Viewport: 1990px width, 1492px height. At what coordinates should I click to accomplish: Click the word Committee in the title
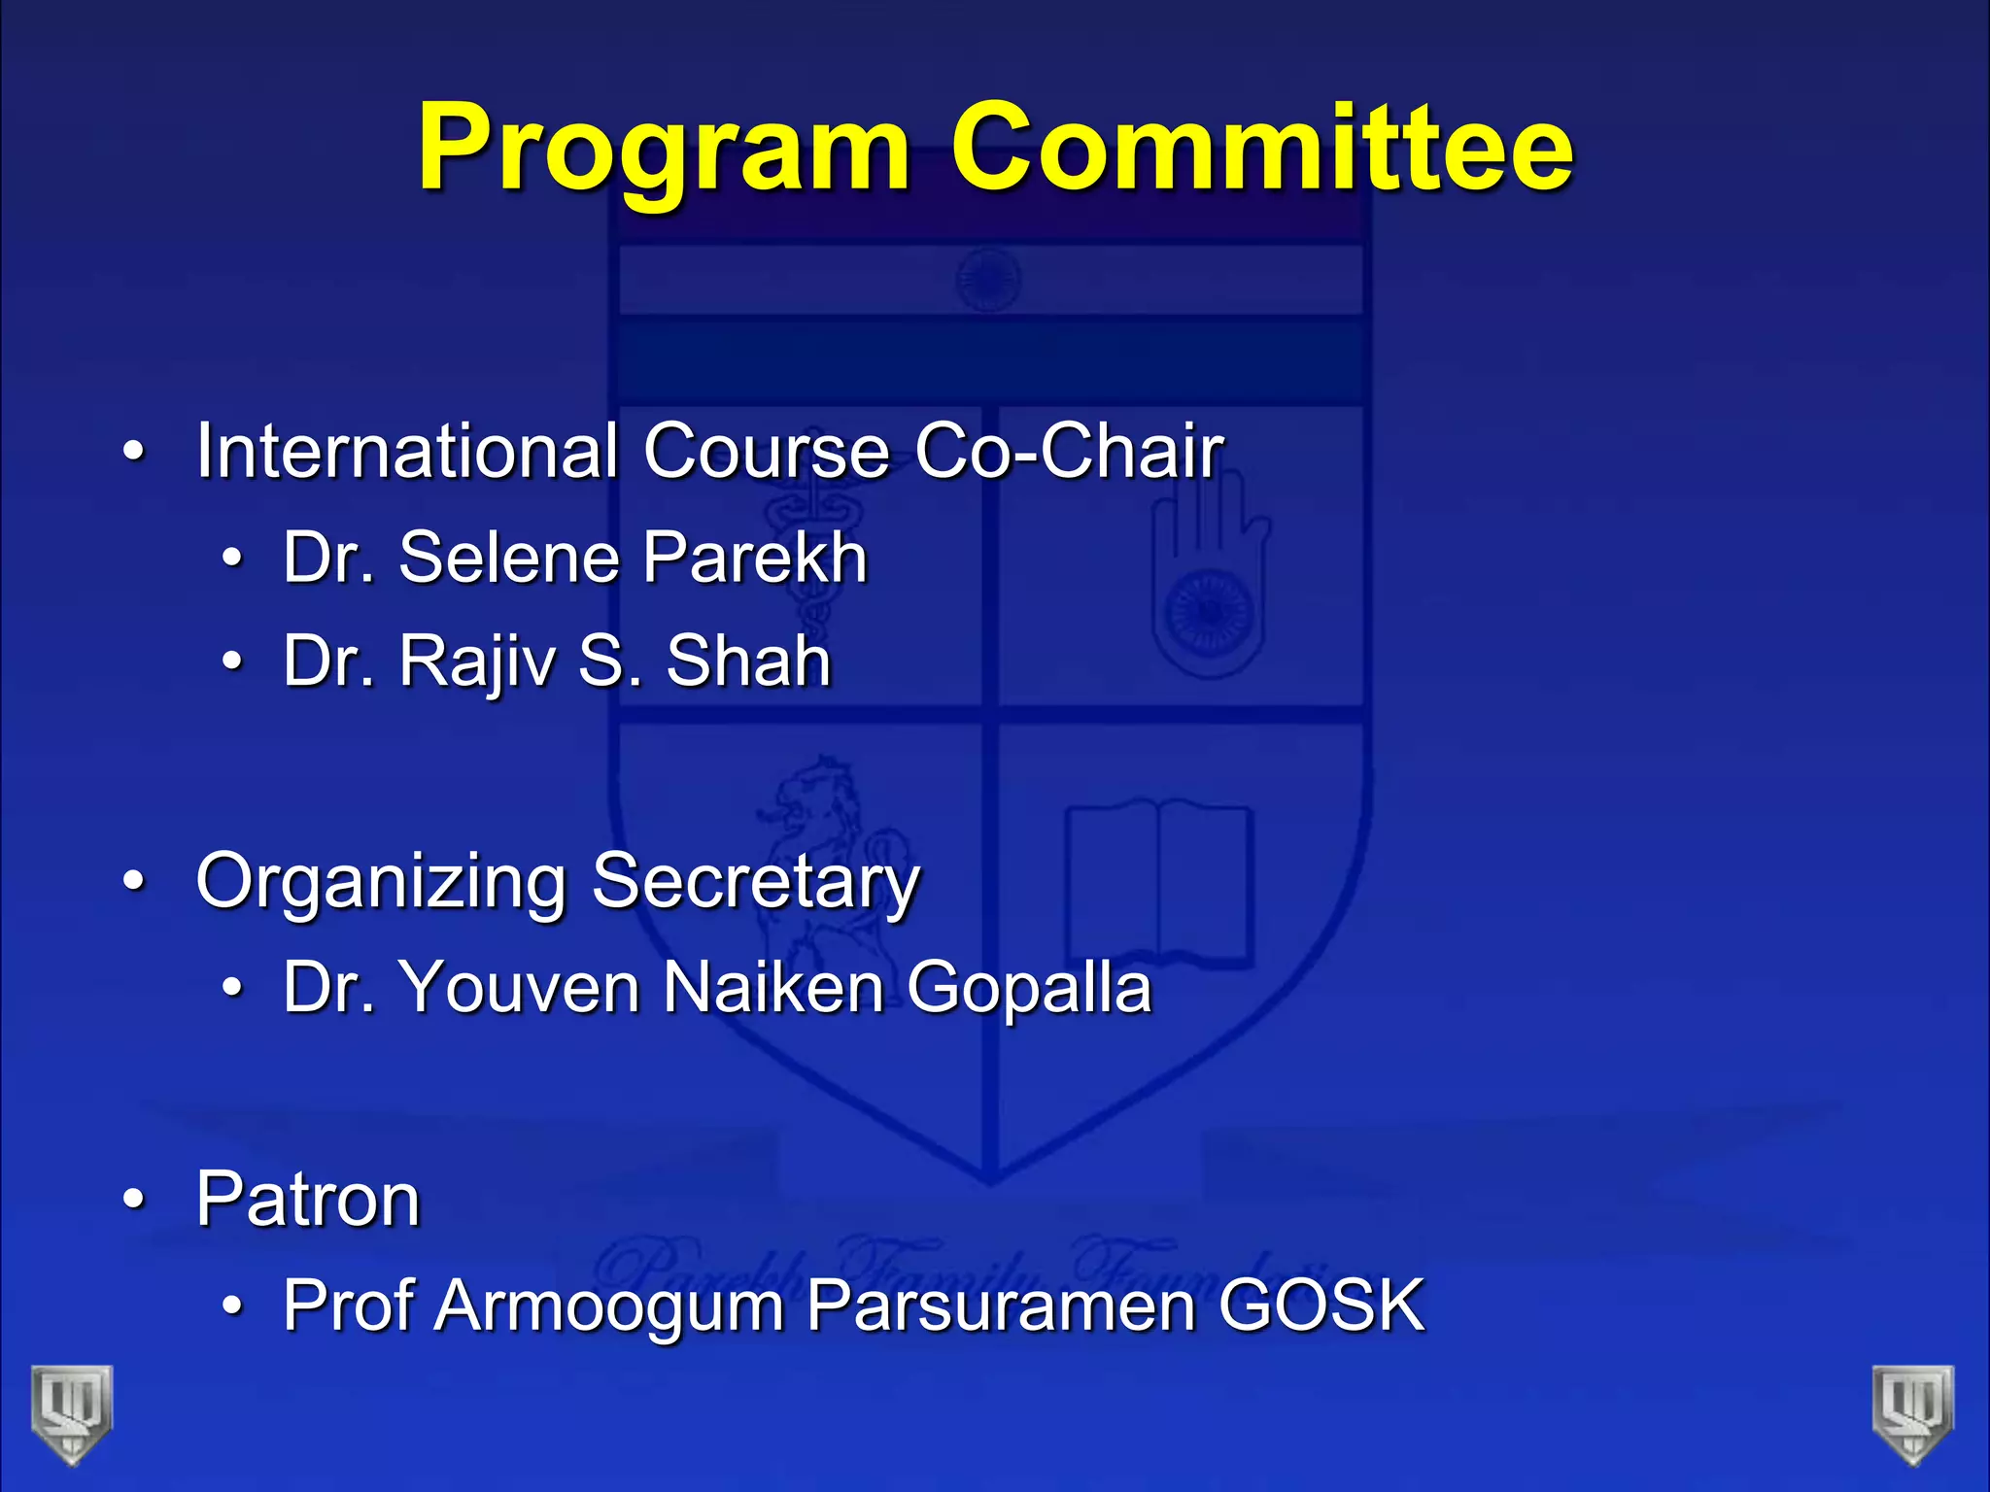pyautogui.click(x=1261, y=149)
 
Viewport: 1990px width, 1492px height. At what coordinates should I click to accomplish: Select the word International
pyautogui.click(x=406, y=451)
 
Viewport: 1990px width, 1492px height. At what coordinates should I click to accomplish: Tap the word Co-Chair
pyautogui.click(x=1068, y=451)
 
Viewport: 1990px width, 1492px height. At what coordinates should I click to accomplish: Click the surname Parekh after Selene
pyautogui.click(x=754, y=558)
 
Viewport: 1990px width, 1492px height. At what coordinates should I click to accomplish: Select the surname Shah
pyautogui.click(x=748, y=661)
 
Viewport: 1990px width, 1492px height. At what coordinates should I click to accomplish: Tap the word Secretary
pyautogui.click(x=755, y=882)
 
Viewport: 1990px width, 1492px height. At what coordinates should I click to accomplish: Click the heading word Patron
pyautogui.click(x=308, y=1200)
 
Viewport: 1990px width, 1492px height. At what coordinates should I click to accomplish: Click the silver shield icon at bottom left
pyautogui.click(x=72, y=1414)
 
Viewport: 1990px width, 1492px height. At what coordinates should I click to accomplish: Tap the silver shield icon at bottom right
pyautogui.click(x=1913, y=1414)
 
